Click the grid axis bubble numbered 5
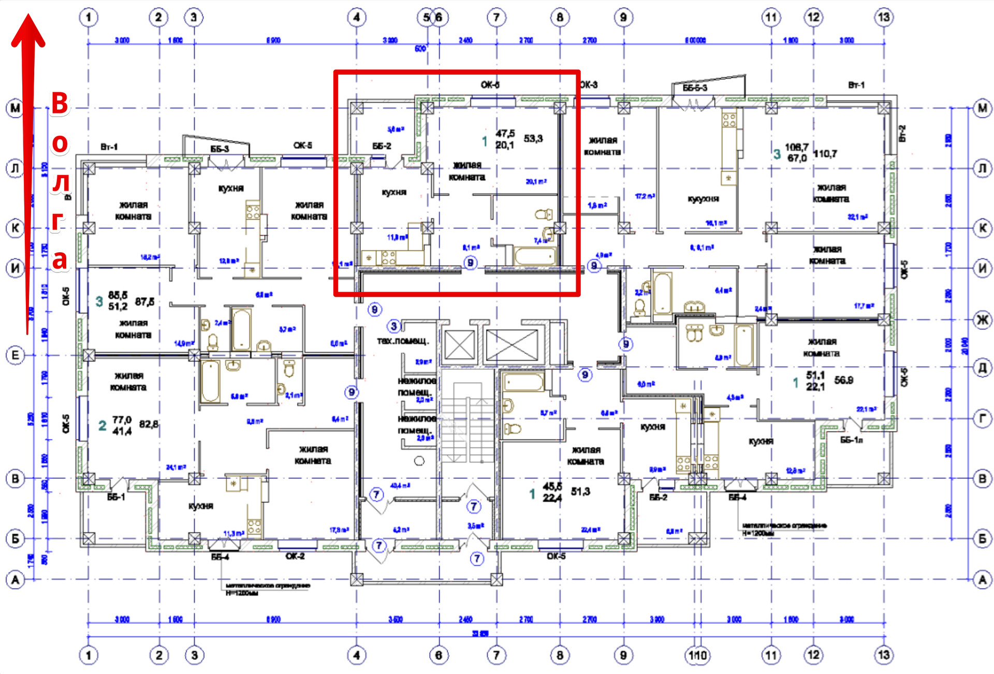click(426, 17)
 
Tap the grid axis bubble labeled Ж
click(982, 320)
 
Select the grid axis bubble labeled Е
click(15, 355)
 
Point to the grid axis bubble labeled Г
click(982, 418)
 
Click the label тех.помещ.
click(403, 341)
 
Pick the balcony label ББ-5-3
click(695, 88)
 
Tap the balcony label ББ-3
click(220, 149)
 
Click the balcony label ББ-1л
click(851, 440)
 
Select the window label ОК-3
click(588, 84)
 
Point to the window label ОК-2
click(295, 556)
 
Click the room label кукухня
click(703, 199)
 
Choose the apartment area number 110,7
click(825, 154)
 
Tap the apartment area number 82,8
click(149, 424)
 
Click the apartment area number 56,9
click(843, 380)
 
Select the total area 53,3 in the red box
click(533, 138)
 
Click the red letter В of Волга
click(60, 103)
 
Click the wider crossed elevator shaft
click(511, 345)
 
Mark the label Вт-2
click(902, 133)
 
